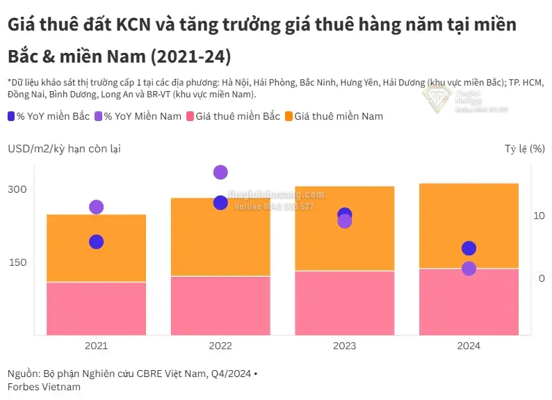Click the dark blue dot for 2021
(96, 242)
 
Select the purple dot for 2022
(220, 173)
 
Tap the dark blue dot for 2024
(469, 249)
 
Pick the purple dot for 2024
(469, 269)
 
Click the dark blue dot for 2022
(220, 202)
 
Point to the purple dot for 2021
(96, 207)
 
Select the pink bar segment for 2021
(96, 308)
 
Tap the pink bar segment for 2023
(344, 303)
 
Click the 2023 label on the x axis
(344, 346)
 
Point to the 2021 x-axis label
(96, 346)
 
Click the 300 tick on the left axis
(17, 189)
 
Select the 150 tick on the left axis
(17, 262)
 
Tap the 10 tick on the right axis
(539, 216)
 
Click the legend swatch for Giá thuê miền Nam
(289, 116)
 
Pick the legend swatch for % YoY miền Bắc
(12, 116)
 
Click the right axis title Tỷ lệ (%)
(524, 148)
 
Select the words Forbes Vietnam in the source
(44, 387)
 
